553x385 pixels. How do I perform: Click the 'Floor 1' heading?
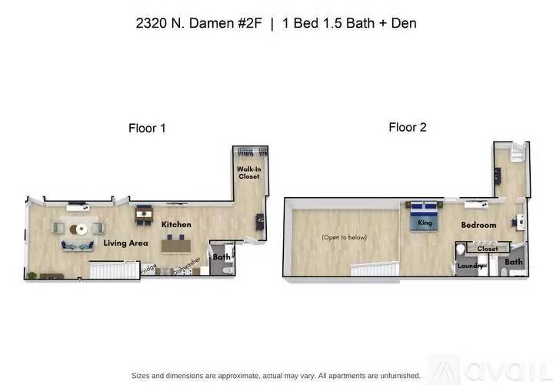click(x=147, y=129)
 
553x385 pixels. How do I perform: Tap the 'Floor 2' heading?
click(x=408, y=127)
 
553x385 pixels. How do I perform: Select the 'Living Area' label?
click(x=126, y=243)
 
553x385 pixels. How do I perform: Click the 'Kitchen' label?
click(x=176, y=225)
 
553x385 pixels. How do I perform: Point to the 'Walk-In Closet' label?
click(x=248, y=173)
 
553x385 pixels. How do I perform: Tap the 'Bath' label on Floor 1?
click(x=222, y=257)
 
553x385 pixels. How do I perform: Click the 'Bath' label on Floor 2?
click(x=514, y=262)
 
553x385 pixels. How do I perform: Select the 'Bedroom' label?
click(x=478, y=225)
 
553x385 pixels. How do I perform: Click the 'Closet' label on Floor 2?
click(x=488, y=249)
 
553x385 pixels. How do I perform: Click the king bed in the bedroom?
click(x=424, y=216)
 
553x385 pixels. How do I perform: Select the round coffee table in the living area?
click(x=80, y=229)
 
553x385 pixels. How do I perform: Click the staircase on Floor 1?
click(x=111, y=269)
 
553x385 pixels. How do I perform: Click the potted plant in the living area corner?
click(x=32, y=274)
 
